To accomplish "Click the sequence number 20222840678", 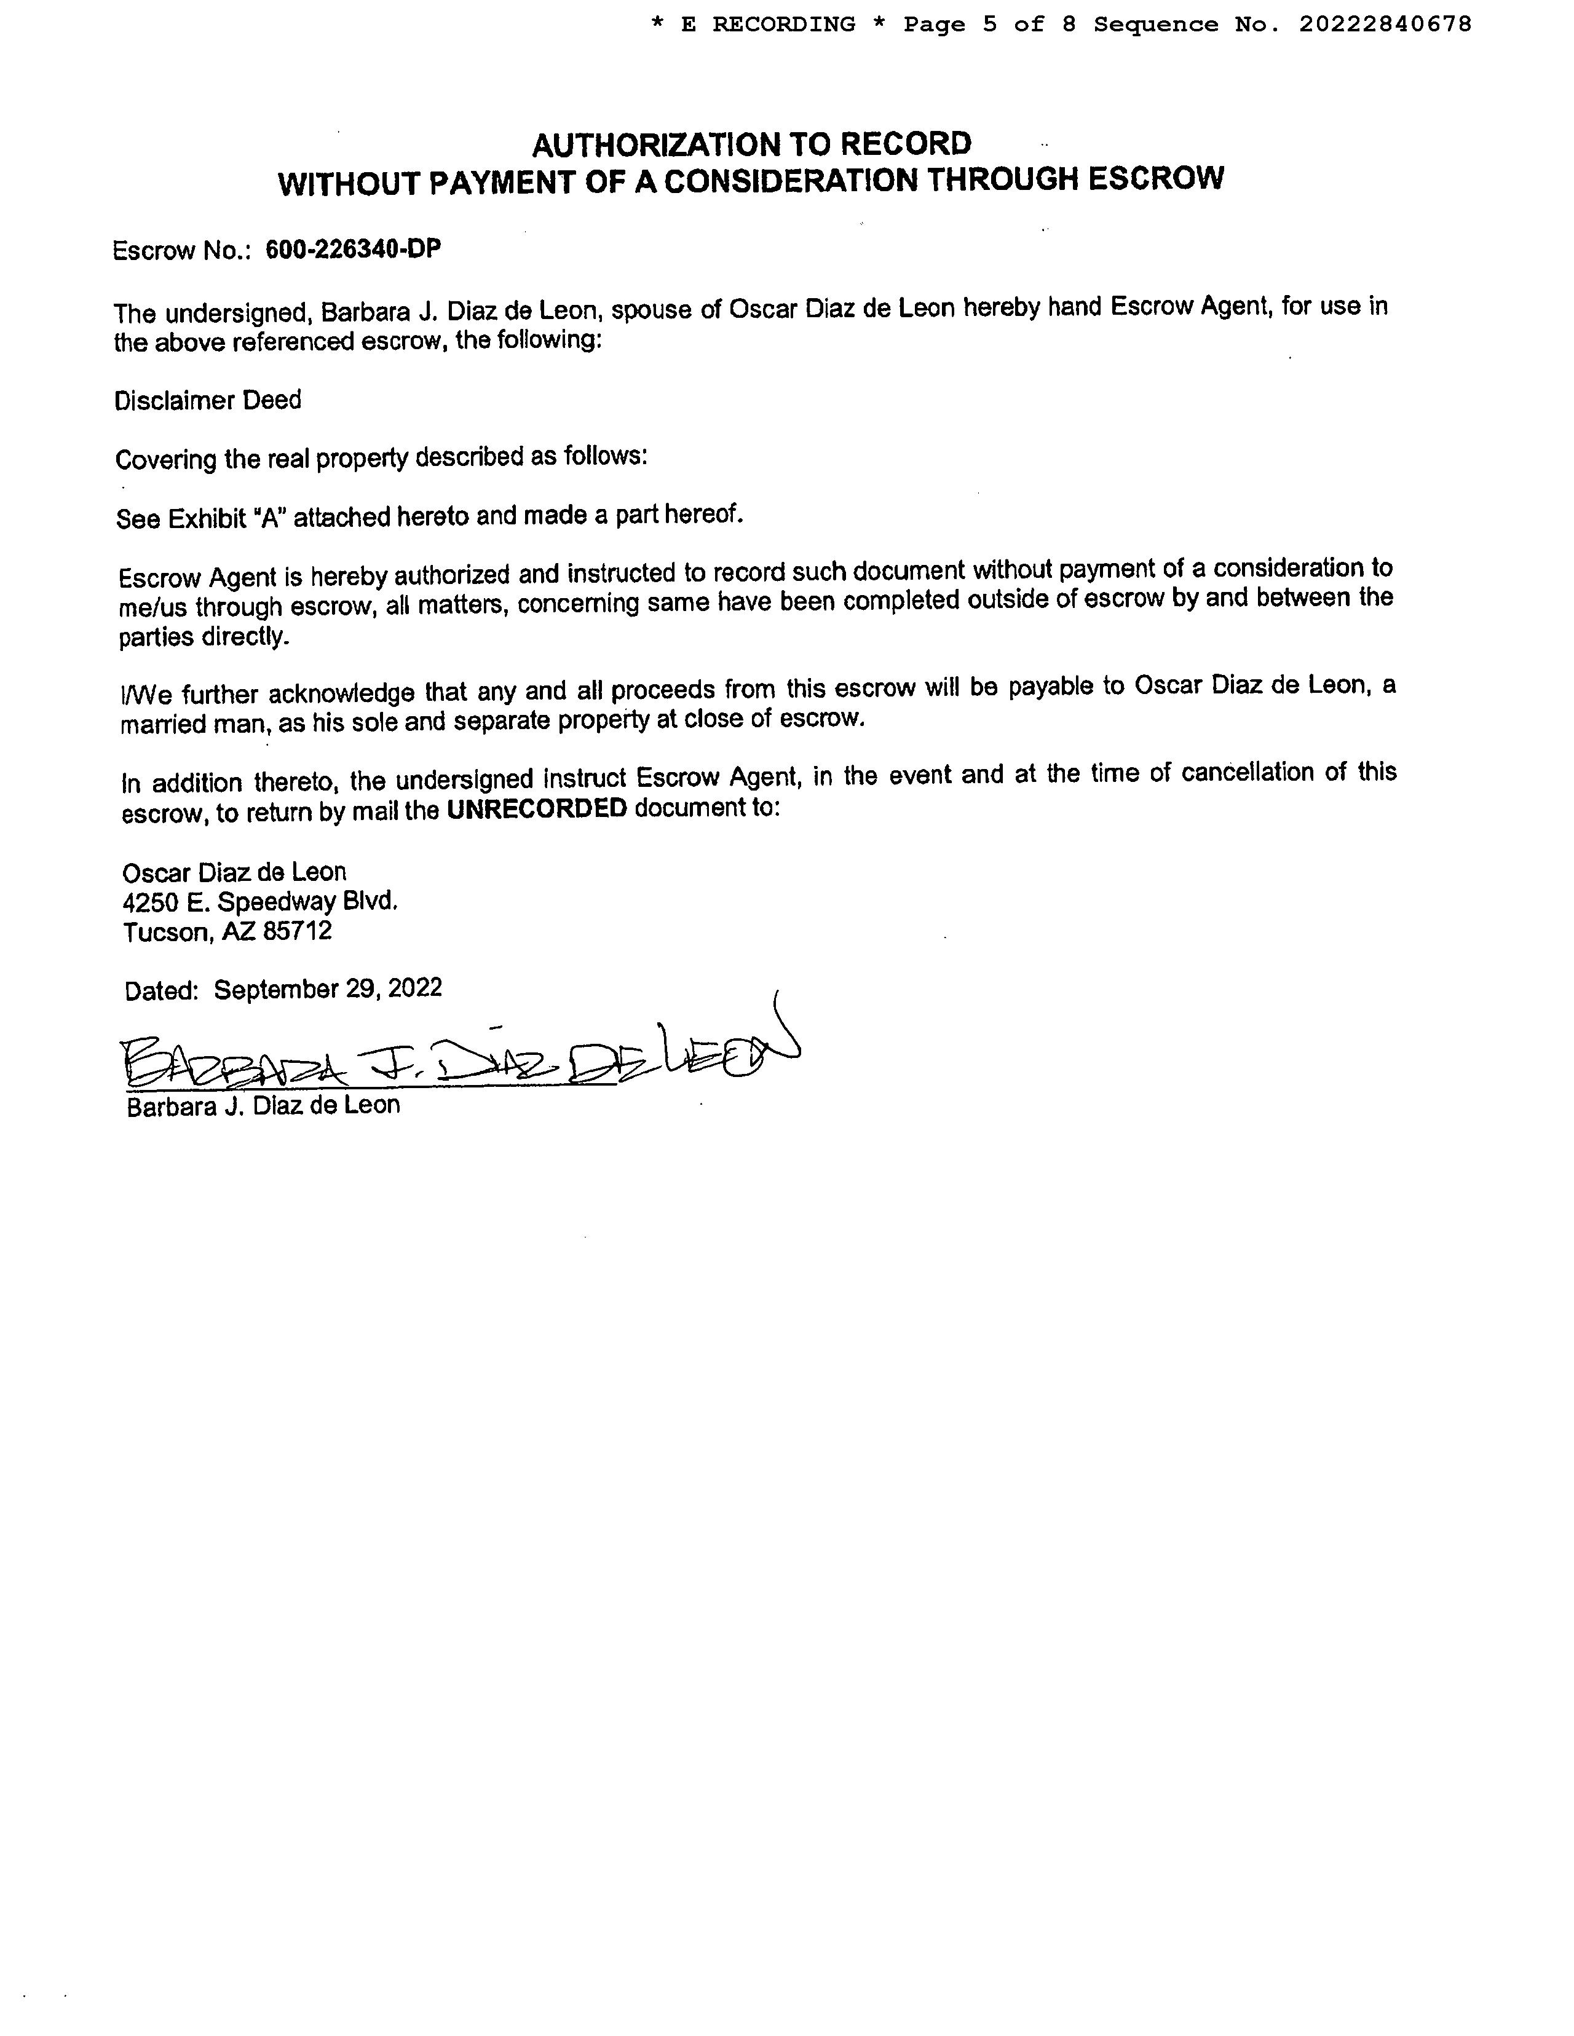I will point(1385,24).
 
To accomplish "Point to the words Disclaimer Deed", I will point(208,401).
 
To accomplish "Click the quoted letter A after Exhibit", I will point(271,518).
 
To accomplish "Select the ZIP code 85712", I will point(298,931).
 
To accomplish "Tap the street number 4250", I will point(148,901).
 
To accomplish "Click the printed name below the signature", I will point(263,1106).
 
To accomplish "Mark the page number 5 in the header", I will point(989,24).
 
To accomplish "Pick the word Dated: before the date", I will point(161,990).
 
